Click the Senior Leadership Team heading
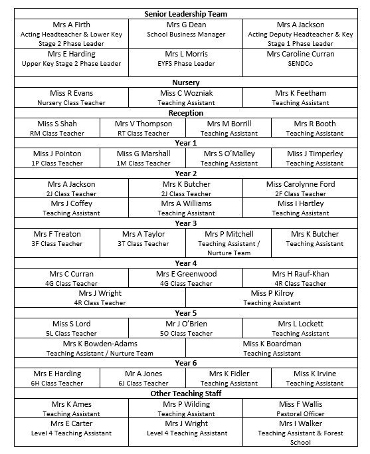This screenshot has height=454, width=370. point(186,14)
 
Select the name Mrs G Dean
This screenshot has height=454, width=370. point(186,25)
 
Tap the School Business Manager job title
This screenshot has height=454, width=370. point(186,35)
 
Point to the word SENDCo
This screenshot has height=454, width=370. point(300,64)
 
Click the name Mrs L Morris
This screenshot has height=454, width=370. point(186,54)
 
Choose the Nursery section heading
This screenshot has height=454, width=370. point(186,82)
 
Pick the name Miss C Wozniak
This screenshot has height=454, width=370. point(186,93)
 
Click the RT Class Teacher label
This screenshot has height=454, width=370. point(143,134)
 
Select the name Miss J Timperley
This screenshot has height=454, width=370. point(315,154)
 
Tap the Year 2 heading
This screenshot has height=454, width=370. point(186,173)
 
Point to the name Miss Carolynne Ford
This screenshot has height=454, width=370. point(300,184)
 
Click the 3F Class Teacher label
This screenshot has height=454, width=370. point(57,244)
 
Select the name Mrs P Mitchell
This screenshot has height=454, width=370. point(229,234)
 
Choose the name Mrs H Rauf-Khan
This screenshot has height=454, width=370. point(300,274)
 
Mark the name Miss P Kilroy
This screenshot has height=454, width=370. point(272,293)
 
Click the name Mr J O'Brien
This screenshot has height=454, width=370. point(186,324)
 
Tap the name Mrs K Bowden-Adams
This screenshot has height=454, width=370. point(100,344)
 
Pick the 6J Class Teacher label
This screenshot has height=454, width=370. point(143,384)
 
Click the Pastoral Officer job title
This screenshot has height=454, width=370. point(300,413)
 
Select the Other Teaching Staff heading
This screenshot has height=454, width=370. point(186,394)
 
